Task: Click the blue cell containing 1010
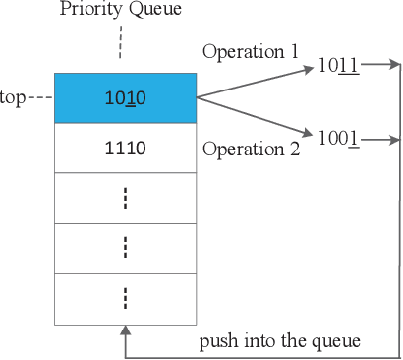[x=125, y=97]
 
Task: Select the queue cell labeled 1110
[x=125, y=149]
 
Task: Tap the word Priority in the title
[x=89, y=11]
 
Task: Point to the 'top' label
[x=14, y=99]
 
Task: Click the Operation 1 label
[x=250, y=50]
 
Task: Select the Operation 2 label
[x=250, y=150]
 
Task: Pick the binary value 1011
[x=339, y=66]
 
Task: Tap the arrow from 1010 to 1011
[x=256, y=82]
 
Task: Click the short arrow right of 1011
[x=380, y=66]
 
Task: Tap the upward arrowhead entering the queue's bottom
[x=125, y=332]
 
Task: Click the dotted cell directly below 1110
[x=125, y=199]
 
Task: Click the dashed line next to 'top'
[x=39, y=98]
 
